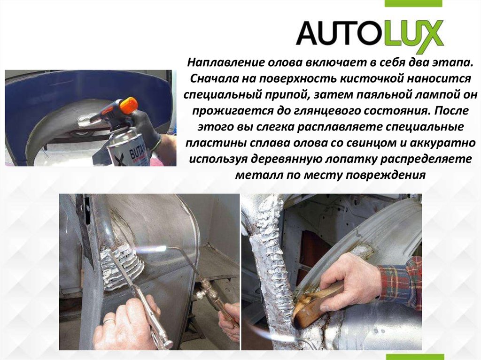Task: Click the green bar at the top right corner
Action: tap(413, 3)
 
